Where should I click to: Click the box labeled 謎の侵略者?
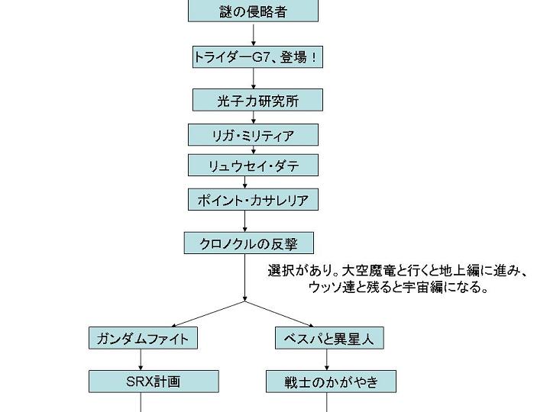[254, 11]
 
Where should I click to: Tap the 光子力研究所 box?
[257, 100]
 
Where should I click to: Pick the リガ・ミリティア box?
[253, 136]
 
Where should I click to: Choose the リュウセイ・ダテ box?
[253, 166]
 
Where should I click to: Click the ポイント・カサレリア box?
[253, 201]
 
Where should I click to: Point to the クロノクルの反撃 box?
[248, 244]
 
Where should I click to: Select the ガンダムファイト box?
[143, 338]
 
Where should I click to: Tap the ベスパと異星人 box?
[328, 338]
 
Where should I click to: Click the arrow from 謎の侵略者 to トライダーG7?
[254, 34]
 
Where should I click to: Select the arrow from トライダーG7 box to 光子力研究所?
[254, 79]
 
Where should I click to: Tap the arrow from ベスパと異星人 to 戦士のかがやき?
[328, 360]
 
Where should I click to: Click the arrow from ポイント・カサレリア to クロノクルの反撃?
[245, 222]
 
